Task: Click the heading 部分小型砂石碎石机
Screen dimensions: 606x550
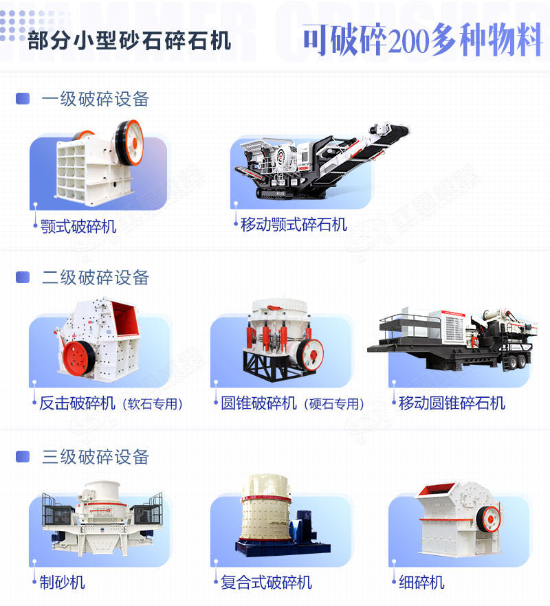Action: [x=130, y=41]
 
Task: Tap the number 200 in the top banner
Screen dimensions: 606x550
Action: [x=409, y=42]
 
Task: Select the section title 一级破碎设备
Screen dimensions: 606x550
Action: [x=96, y=99]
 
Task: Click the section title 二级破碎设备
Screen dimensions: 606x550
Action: [x=96, y=278]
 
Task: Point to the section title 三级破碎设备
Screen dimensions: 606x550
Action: [x=96, y=456]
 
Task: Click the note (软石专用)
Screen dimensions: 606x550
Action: [x=153, y=404]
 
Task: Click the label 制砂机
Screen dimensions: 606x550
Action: [x=63, y=582]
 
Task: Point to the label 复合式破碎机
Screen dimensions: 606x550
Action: [x=266, y=583]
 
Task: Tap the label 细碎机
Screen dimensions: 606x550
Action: [x=422, y=583]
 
